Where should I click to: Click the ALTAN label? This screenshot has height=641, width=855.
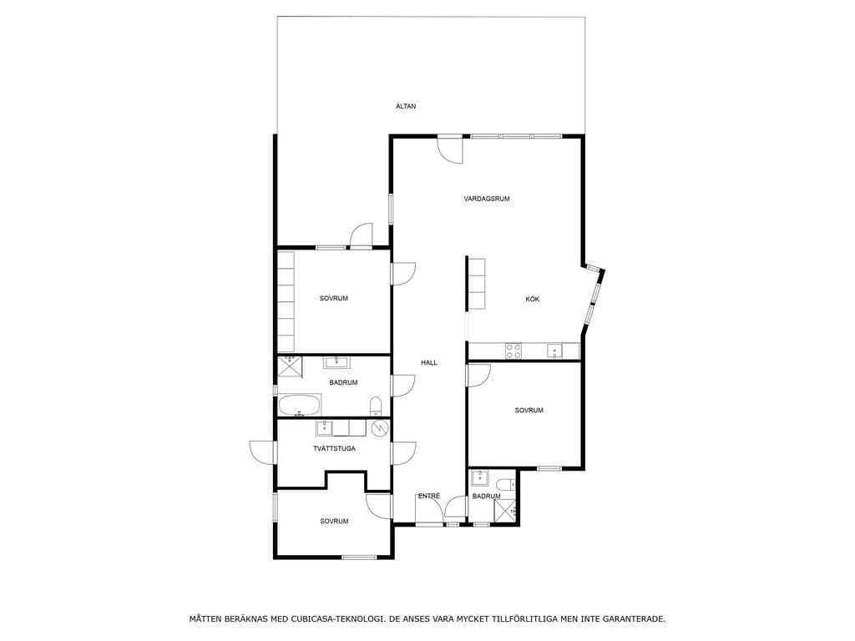[x=406, y=106]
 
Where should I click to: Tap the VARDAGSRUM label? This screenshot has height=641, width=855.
[x=487, y=199]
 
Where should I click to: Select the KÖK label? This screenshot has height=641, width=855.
[x=532, y=300]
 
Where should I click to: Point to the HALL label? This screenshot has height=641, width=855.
[x=428, y=362]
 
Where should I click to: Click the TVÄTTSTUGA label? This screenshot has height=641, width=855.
[x=334, y=448]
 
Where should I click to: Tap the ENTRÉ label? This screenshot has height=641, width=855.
[x=428, y=496]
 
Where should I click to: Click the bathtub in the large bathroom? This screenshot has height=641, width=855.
[x=300, y=406]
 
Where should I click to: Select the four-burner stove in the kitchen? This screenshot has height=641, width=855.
[x=514, y=351]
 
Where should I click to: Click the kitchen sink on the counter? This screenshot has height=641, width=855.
[x=554, y=351]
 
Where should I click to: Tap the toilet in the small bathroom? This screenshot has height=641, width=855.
[x=506, y=484]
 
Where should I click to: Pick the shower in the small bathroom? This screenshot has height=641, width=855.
[x=504, y=511]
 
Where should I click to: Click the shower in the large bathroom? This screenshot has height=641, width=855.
[x=290, y=366]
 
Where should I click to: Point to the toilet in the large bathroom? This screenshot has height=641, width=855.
[x=376, y=406]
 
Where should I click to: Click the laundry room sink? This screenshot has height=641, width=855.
[x=324, y=428]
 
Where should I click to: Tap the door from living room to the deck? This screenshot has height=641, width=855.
[x=450, y=149]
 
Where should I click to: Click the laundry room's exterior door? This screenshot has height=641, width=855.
[x=263, y=452]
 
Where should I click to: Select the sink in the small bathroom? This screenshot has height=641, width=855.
[x=480, y=478]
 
